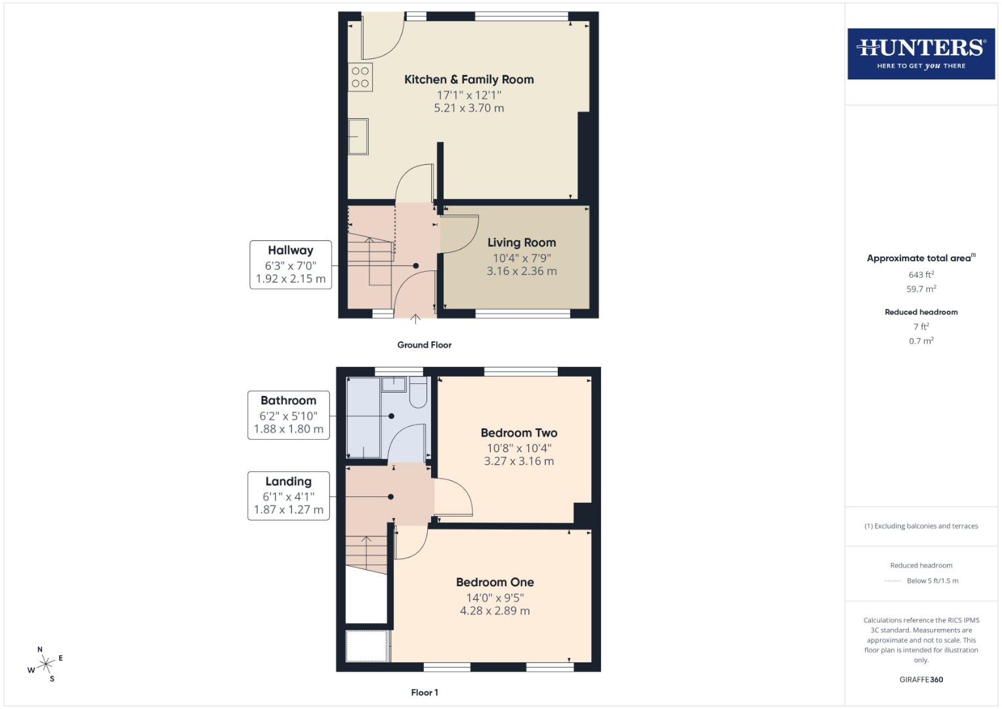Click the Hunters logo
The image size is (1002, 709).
921,54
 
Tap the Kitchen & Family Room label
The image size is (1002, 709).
469,79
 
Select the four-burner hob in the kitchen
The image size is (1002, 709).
360,77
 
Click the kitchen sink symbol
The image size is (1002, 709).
358,137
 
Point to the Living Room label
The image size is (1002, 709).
521,243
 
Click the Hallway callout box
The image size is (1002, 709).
290,265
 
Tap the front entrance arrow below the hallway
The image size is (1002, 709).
415,320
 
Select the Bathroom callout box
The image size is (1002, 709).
288,415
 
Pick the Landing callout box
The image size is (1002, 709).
288,496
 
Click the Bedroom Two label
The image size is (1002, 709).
518,433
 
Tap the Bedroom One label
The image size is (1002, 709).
495,582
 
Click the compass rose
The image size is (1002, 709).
45,664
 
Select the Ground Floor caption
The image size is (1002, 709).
424,345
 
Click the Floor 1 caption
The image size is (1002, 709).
424,693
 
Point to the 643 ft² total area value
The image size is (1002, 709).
921,275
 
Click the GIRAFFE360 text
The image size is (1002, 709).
921,679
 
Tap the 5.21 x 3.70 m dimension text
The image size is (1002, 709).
469,108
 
